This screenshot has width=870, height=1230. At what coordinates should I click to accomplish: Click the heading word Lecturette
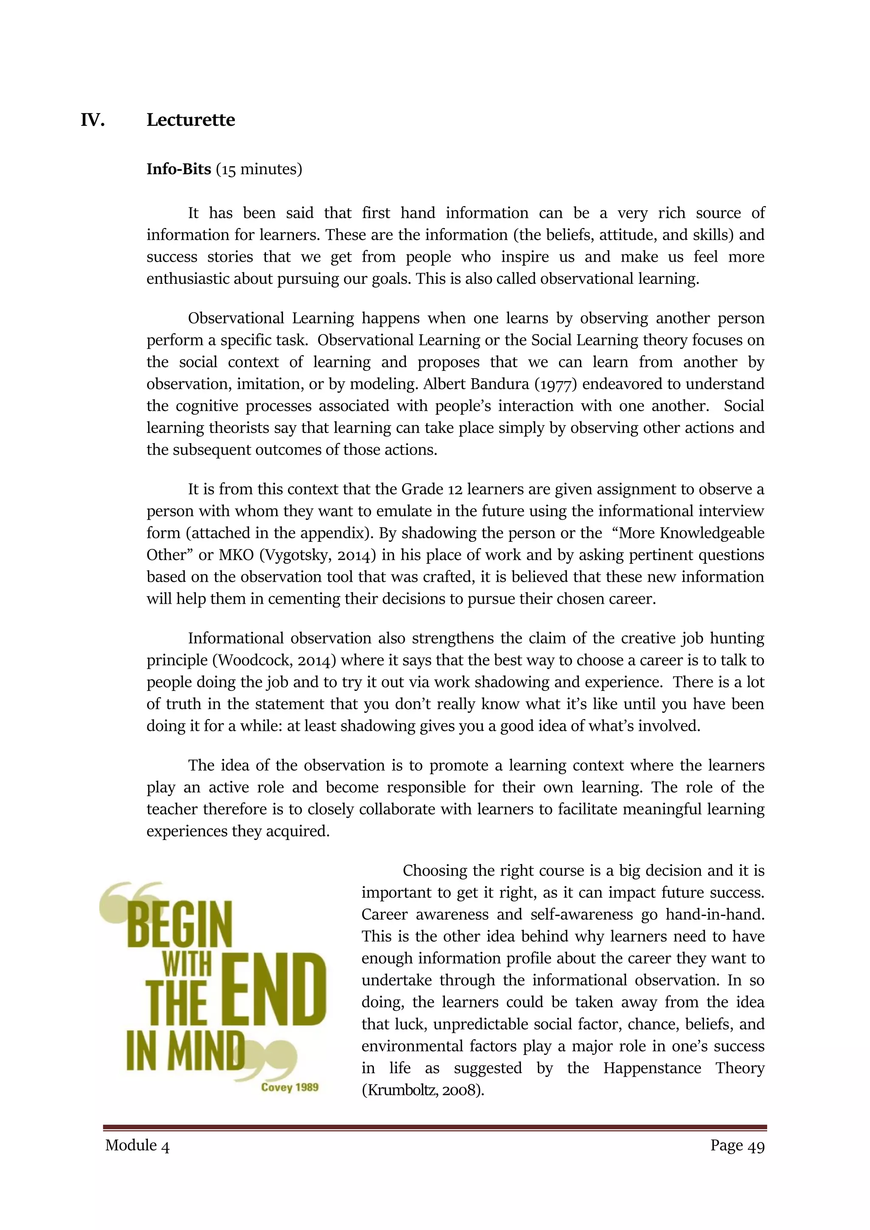(191, 119)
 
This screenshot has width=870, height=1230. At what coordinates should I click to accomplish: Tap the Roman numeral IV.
(92, 120)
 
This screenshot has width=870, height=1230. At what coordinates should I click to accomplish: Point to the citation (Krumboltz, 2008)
(423, 1090)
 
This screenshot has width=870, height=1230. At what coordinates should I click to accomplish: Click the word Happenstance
(652, 1068)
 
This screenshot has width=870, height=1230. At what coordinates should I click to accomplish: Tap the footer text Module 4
(138, 1145)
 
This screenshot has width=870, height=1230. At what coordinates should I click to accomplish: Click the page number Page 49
(737, 1145)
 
